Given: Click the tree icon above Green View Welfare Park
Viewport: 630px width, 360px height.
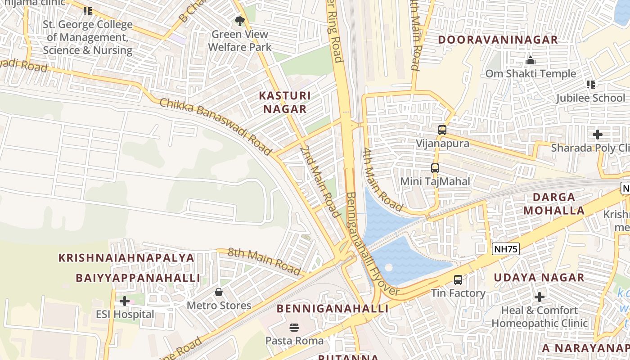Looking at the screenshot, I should point(240,21).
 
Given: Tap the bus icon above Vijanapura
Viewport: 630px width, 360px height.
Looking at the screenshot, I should point(442,130).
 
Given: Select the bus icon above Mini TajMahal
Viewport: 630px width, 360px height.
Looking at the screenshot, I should point(435,168).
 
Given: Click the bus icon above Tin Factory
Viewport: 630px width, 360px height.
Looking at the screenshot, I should point(458,280).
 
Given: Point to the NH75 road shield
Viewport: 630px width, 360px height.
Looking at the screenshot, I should point(506,249).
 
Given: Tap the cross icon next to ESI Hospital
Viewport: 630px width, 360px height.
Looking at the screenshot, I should point(125,301).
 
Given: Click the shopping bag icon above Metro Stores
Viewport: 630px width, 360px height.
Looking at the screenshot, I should point(219,292).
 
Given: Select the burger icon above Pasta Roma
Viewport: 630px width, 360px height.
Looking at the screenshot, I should point(294,327).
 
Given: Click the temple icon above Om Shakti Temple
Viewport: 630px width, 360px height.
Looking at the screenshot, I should point(531,60).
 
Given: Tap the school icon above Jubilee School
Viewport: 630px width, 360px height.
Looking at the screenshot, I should point(591,85).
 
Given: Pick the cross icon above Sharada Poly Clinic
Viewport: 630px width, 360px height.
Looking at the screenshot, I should point(598,135).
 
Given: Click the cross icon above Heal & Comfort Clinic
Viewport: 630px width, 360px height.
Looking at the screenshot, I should point(540,297).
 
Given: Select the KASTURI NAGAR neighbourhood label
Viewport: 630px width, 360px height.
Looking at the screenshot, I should point(285,102).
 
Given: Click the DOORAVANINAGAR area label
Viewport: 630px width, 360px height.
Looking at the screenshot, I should point(498,40).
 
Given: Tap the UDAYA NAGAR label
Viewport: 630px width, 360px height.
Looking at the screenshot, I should point(539,278).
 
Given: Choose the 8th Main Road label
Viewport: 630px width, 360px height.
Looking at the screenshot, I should point(264,261).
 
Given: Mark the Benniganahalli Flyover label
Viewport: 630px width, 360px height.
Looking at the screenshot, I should point(373,244).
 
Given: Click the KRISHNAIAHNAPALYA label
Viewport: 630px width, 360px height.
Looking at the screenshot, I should point(126,258).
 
